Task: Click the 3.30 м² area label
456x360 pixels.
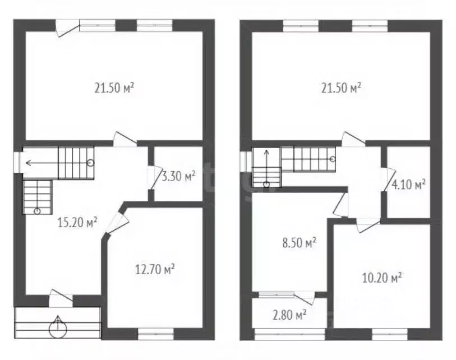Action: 178,176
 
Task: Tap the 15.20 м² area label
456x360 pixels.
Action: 77,223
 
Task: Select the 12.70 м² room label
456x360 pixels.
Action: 155,269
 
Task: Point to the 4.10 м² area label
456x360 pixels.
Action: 408,184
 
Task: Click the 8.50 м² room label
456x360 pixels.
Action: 300,242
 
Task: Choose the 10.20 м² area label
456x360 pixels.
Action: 382,278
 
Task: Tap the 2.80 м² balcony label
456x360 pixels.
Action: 289,315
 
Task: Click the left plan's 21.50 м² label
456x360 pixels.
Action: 114,87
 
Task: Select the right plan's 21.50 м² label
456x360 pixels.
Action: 341,87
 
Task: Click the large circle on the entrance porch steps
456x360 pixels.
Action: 58,329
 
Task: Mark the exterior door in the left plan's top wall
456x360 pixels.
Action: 68,28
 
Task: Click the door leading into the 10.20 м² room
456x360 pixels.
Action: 368,225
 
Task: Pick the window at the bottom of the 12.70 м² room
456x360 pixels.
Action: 156,334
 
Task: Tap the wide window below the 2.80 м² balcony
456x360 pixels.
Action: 289,334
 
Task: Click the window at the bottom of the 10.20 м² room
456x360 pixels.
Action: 390,334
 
